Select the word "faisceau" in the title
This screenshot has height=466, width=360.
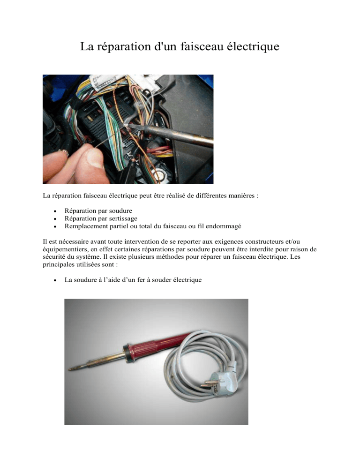click(202, 46)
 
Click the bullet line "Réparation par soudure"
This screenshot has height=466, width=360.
click(98, 210)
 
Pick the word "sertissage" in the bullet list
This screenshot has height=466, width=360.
click(123, 218)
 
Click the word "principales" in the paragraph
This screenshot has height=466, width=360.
click(58, 264)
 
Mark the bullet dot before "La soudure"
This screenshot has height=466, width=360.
click(55, 280)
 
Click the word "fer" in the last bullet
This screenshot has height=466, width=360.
click(141, 280)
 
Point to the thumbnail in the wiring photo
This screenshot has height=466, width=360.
click(94, 157)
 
